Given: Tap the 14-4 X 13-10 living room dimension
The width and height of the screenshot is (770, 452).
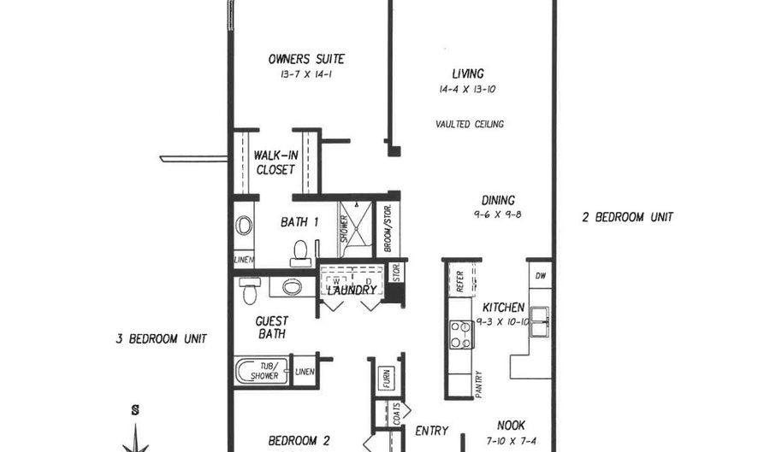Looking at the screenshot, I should point(468,89).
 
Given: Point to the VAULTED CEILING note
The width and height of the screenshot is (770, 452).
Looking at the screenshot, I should point(470,124).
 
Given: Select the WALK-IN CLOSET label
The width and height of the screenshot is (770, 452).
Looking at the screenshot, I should point(275,162).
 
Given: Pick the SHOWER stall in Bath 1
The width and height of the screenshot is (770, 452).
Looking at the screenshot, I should point(351,228).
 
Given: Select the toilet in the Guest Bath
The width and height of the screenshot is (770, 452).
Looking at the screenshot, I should point(250,291).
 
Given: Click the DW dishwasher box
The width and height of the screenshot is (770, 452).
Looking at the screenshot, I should point(540,275).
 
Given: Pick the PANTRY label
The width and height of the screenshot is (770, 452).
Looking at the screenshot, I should point(478,384).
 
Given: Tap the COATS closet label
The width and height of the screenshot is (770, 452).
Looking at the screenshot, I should point(396,415).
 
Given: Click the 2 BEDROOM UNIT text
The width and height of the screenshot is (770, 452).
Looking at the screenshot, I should point(627,218).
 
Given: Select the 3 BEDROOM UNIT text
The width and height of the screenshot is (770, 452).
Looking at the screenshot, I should point(161,338).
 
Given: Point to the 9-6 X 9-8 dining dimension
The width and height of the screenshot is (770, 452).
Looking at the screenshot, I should point(497,214).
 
